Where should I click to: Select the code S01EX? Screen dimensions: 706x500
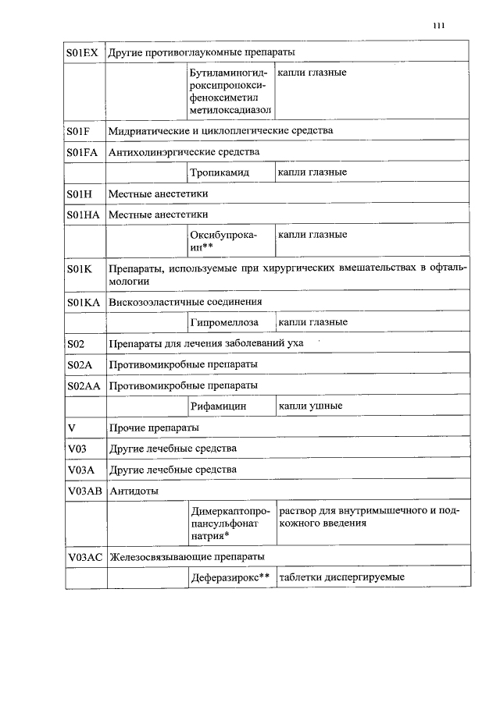[82, 52]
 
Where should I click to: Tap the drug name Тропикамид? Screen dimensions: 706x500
[220, 172]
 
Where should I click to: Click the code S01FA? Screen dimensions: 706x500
[83, 151]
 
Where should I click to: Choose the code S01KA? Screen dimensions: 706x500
[84, 301]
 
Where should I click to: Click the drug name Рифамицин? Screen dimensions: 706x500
[219, 406]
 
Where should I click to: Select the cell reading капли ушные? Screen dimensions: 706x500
[311, 406]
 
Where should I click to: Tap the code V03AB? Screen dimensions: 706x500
[84, 491]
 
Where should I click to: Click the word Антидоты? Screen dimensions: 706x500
[134, 491]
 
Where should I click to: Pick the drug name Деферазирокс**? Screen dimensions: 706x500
[230, 577]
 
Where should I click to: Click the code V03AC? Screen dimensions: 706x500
[84, 556]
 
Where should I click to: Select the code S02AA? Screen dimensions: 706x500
[84, 385]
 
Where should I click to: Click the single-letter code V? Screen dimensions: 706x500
[72, 428]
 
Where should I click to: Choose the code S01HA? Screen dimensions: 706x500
[84, 214]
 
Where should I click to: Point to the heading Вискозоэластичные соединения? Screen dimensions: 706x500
[185, 301]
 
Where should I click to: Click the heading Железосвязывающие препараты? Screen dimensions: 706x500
[187, 556]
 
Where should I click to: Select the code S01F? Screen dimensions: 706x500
[78, 130]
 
